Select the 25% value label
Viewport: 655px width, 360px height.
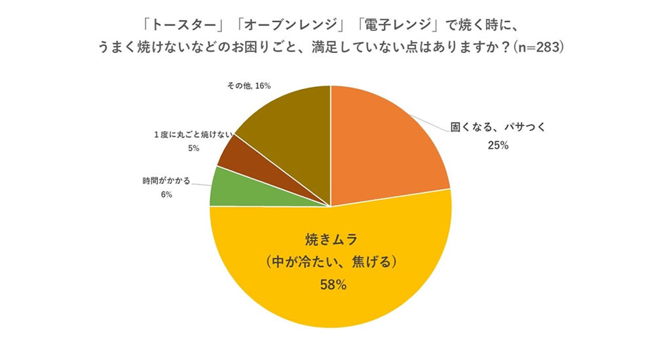(498, 145)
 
